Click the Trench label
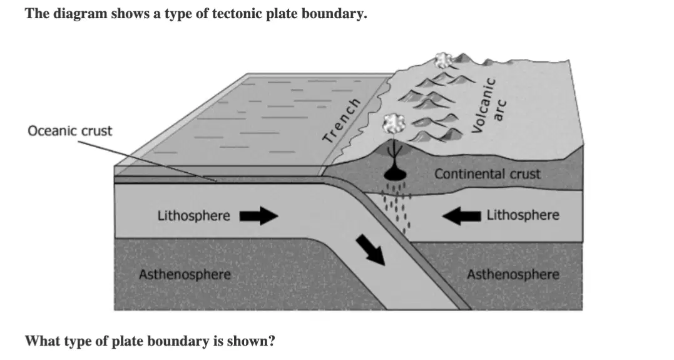click(x=342, y=120)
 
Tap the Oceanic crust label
click(x=69, y=131)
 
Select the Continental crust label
click(x=487, y=174)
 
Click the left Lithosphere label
click(x=193, y=215)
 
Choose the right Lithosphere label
click(x=523, y=215)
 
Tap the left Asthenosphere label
click(x=185, y=274)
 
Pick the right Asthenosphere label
click(x=513, y=274)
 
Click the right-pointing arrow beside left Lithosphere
click(x=258, y=215)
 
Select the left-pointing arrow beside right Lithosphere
click(x=461, y=215)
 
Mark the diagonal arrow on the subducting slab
click(x=370, y=249)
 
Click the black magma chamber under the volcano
click(x=395, y=173)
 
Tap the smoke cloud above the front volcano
click(x=393, y=123)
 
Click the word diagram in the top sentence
click(x=79, y=14)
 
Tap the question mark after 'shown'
click(x=271, y=341)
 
